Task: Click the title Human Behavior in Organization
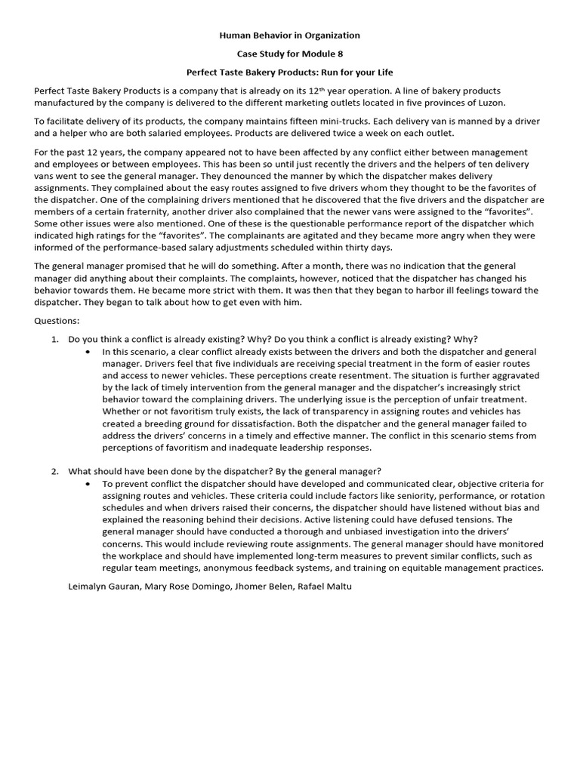pyautogui.click(x=289, y=35)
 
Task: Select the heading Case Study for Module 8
pyautogui.click(x=289, y=54)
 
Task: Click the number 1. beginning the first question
pyautogui.click(x=55, y=339)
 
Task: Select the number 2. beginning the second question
pyautogui.click(x=55, y=471)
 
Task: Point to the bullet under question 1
pyautogui.click(x=90, y=352)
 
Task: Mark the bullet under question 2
pyautogui.click(x=90, y=484)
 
